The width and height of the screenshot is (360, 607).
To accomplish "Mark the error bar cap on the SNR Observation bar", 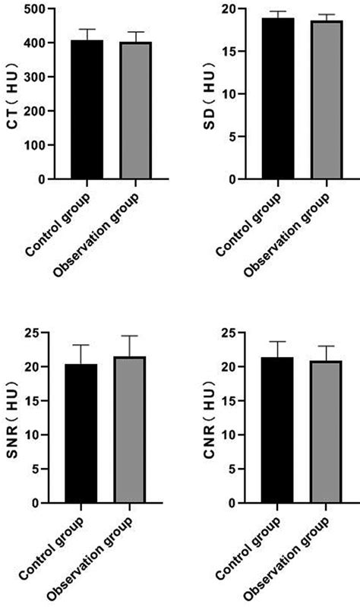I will [130, 336].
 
